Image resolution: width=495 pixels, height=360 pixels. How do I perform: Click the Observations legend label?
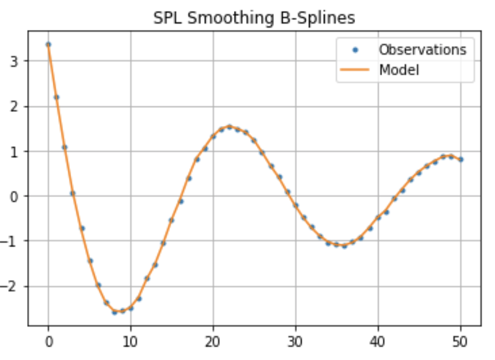[422, 49]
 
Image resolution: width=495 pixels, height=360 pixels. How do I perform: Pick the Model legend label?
[399, 71]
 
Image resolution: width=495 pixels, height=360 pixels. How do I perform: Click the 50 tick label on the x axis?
[461, 341]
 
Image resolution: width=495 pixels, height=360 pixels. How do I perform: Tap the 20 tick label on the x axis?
[213, 341]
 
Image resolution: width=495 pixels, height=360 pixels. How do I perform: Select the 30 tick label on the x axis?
[296, 341]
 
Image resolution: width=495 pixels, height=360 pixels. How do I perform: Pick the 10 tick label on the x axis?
[131, 341]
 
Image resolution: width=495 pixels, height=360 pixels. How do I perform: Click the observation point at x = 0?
[48, 44]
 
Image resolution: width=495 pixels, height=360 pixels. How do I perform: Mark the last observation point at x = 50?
[461, 159]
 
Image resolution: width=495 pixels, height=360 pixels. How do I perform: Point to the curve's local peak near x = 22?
[229, 126]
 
